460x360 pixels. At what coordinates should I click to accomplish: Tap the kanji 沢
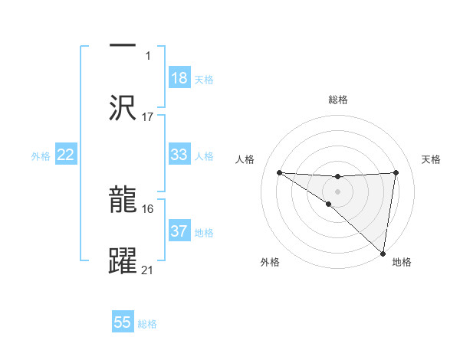pos(123,107)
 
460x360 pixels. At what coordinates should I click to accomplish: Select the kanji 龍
pos(123,199)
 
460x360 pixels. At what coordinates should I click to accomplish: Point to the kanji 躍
pos(123,260)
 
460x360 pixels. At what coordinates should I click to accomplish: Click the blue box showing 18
pos(179,78)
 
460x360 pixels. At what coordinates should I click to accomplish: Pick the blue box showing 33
pos(179,155)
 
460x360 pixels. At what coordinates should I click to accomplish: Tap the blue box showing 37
pos(179,231)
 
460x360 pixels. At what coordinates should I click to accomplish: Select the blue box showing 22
pos(66,155)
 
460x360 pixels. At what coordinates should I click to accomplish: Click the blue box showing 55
pos(123,322)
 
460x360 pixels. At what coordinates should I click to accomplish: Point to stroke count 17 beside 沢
pos(148,116)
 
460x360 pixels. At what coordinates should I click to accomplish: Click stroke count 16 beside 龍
pos(148,208)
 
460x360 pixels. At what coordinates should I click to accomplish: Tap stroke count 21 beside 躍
pos(148,270)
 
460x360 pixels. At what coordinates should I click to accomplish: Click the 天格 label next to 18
pos(204,79)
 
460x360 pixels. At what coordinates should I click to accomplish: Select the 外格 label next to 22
pos(41,155)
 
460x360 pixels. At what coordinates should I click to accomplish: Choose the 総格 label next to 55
pos(147,323)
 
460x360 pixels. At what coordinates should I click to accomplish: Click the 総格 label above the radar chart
pos(337,100)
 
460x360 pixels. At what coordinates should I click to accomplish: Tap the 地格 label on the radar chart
pos(401,262)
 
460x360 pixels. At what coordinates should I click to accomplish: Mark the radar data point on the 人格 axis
pos(279,172)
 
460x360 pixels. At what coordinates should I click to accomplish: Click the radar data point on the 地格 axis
pos(383,253)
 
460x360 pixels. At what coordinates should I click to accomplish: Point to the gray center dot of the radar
pos(337,191)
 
